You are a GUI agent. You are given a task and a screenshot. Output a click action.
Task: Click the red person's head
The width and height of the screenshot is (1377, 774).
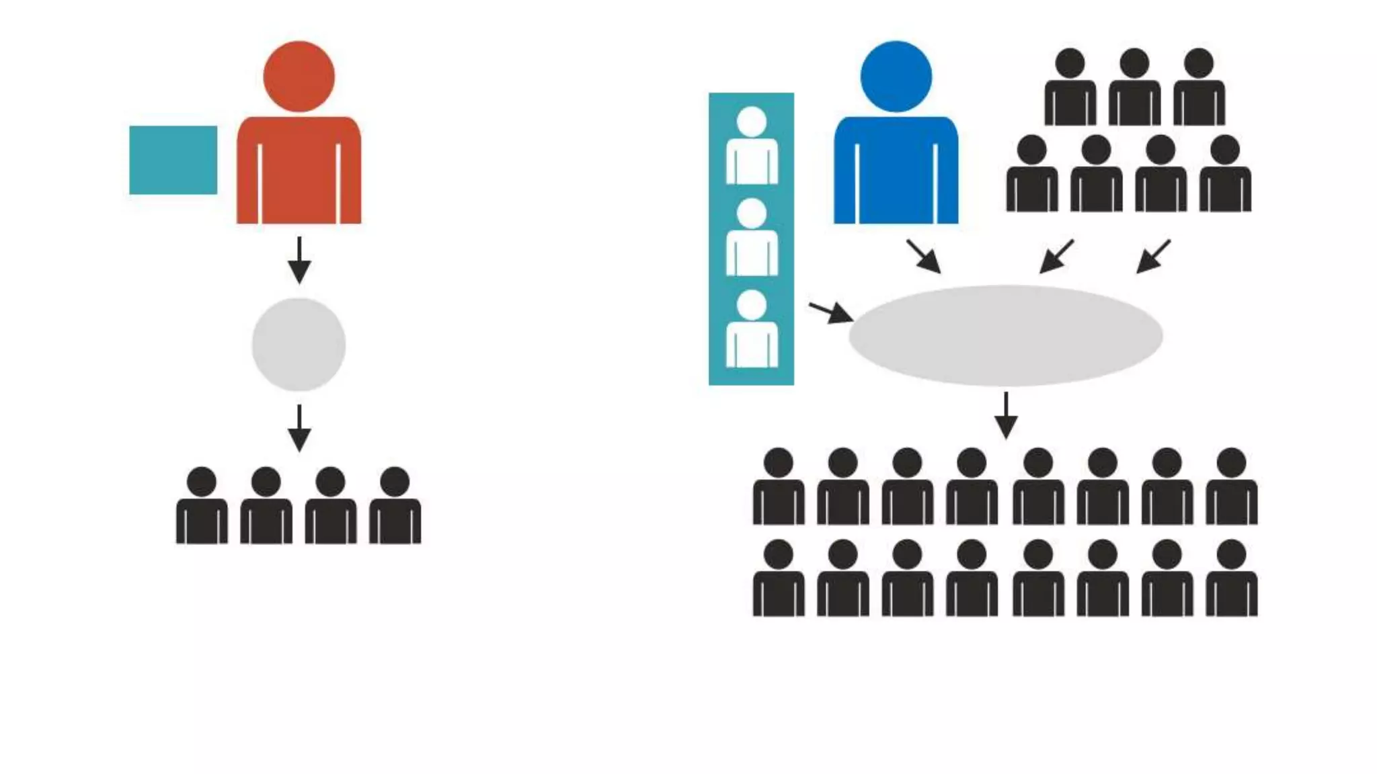[x=299, y=77]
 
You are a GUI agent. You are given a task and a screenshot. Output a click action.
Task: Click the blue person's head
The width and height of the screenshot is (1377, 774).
[x=896, y=77]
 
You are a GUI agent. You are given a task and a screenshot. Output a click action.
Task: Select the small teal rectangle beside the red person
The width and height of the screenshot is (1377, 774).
[x=173, y=160]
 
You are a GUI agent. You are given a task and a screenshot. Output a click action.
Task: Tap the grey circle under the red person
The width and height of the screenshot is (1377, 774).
[x=299, y=345]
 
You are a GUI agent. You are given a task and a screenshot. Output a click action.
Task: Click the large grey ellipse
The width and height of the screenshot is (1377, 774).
[x=1005, y=335]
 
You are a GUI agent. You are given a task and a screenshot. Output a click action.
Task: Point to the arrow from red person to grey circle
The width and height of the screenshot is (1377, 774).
[x=299, y=261]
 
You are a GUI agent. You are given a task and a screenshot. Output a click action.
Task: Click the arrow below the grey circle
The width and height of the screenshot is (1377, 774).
[x=299, y=429]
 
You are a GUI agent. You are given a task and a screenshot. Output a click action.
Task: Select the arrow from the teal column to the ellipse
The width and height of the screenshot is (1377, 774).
[x=832, y=312]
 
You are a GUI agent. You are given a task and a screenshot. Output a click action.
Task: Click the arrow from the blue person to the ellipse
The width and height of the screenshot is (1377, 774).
[x=924, y=257]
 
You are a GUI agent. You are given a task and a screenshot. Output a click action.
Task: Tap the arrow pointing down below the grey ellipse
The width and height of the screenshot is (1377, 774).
[x=1006, y=416]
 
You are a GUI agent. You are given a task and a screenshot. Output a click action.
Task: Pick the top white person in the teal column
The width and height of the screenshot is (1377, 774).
[x=752, y=146]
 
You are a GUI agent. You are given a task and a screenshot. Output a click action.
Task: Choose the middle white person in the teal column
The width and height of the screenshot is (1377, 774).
[x=752, y=239]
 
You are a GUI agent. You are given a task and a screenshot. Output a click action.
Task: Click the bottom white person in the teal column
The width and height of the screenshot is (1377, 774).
[x=752, y=330]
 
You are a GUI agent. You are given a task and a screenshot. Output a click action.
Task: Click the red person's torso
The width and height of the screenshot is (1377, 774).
[x=299, y=171]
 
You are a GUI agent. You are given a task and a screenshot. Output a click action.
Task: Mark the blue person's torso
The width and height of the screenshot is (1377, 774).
[x=896, y=171]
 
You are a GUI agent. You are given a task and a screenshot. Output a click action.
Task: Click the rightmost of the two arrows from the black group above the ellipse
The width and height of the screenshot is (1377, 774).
[x=1153, y=257]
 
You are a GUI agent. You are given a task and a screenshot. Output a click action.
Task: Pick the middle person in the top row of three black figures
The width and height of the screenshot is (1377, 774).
[x=1134, y=87]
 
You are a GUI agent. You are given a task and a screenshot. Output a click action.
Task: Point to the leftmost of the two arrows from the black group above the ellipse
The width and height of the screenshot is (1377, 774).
[x=1056, y=257]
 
